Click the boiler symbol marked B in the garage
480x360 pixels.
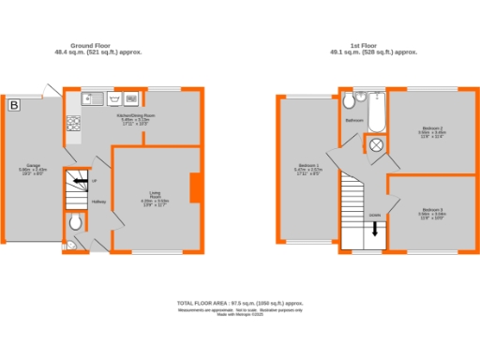(x=13, y=106)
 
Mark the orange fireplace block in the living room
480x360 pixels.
(x=193, y=187)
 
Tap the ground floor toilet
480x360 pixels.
(x=76, y=222)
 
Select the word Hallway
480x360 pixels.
(x=97, y=202)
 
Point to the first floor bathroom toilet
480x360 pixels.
(x=348, y=99)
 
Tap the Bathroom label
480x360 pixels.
(x=354, y=121)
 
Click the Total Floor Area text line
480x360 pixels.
(x=240, y=304)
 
